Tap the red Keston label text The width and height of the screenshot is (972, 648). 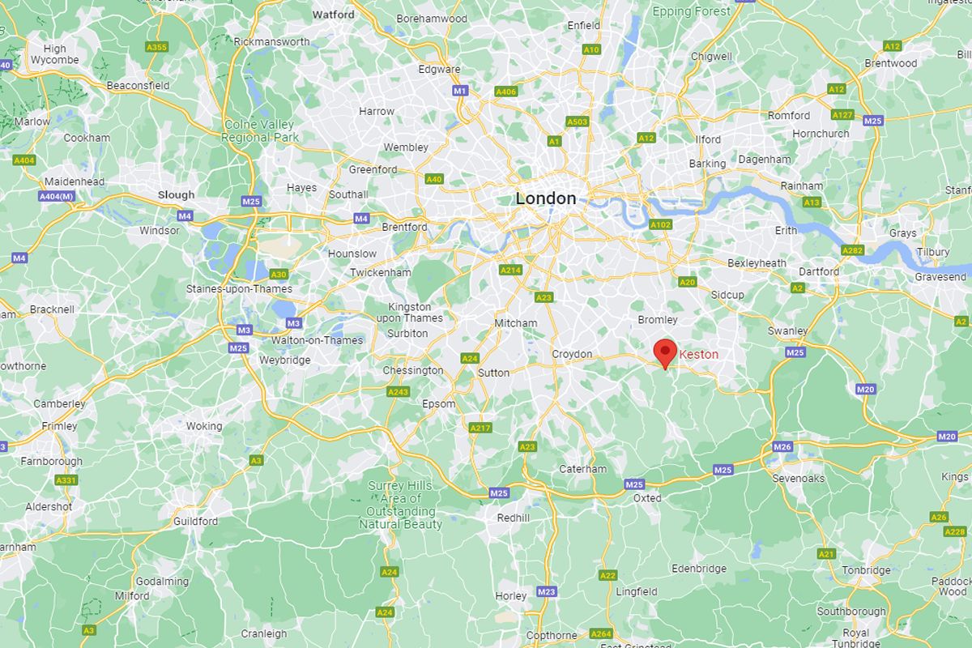(x=698, y=355)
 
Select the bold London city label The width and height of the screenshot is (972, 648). (x=546, y=198)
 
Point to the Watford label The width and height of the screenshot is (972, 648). (x=334, y=15)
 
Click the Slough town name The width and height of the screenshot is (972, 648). (x=176, y=195)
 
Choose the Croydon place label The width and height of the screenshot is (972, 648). (x=572, y=354)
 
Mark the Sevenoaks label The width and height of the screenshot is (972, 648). (x=799, y=478)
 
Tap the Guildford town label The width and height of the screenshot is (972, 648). (x=195, y=522)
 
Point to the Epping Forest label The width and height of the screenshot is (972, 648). (x=692, y=11)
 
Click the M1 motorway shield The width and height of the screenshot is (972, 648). (x=460, y=91)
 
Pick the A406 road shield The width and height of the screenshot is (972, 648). (x=505, y=92)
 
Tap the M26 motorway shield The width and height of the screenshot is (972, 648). (x=782, y=447)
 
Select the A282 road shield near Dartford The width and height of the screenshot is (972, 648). (x=852, y=250)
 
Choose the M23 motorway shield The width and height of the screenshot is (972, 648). (x=547, y=592)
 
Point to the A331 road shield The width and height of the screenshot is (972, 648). (x=66, y=480)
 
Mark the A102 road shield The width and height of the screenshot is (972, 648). (x=660, y=224)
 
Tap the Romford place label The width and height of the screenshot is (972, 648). (x=789, y=116)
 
